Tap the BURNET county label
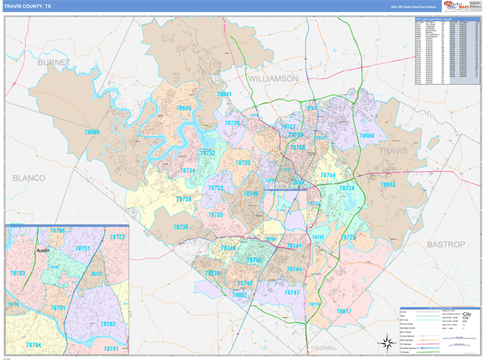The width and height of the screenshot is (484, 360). click(x=53, y=61)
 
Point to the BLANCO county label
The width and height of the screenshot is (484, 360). click(x=30, y=177)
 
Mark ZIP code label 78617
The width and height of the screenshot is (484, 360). click(x=344, y=311)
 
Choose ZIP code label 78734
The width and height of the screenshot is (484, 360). click(x=187, y=170)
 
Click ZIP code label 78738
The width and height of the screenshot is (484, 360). click(x=184, y=199)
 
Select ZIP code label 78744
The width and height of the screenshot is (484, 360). click(x=294, y=269)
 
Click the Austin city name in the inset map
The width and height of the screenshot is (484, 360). click(x=44, y=251)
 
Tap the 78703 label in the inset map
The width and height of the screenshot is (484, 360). click(x=18, y=274)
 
